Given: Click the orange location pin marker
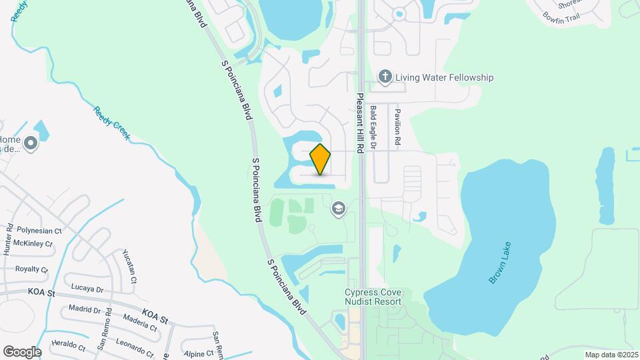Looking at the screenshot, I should click(x=321, y=159).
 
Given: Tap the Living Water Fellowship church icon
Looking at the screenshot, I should click(x=385, y=77).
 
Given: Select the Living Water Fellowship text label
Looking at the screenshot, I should click(x=445, y=77).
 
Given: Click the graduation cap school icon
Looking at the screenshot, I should click(x=339, y=209).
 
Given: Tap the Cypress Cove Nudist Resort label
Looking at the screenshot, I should click(x=373, y=297).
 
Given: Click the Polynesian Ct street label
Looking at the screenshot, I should click(x=39, y=230).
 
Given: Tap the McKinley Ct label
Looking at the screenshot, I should click(x=33, y=244).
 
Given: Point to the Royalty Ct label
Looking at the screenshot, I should click(x=31, y=270).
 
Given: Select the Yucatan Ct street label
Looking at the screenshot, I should click(x=129, y=265).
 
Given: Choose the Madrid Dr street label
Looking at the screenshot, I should click(x=83, y=309).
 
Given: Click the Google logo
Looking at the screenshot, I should click(x=22, y=351).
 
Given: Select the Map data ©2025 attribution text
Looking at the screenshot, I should click(x=611, y=355).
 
